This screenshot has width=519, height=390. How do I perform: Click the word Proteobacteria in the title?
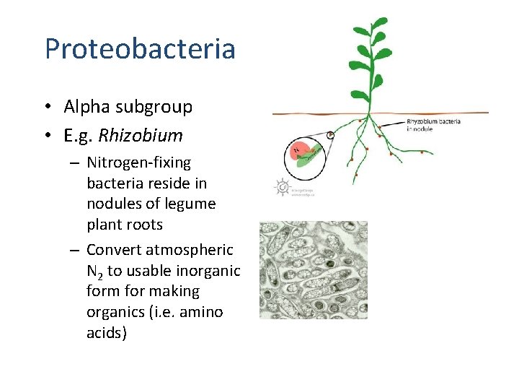tap(140, 49)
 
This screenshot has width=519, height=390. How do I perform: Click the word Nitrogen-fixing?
tap(138, 162)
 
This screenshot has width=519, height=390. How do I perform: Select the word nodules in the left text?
tap(112, 204)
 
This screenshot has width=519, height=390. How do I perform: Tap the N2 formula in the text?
tap(94, 272)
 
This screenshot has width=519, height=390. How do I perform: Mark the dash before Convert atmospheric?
tap(74, 250)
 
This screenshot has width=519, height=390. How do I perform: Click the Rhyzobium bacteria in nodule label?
tap(433, 125)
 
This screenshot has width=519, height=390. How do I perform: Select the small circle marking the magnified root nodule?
tap(330, 135)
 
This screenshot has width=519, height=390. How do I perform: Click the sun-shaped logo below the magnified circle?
tap(281, 187)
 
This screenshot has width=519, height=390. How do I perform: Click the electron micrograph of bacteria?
tap(314, 270)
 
